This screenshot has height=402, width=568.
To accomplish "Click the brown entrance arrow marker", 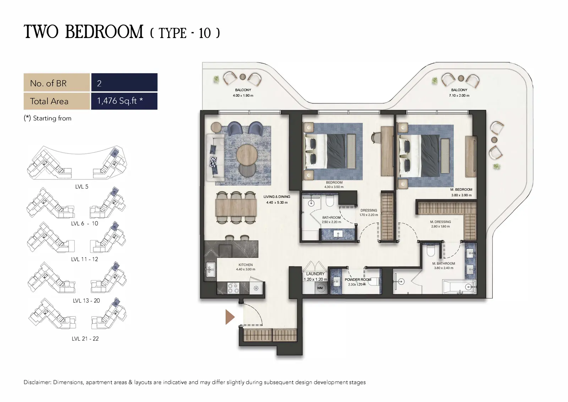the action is (229, 317).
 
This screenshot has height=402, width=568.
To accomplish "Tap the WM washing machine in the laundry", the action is (320, 288).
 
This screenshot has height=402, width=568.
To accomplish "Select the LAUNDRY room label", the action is (315, 274).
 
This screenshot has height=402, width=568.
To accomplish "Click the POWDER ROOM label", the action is (358, 279).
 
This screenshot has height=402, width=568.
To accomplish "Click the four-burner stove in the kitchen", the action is (233, 288).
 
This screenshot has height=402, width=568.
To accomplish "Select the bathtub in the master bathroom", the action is (459, 287).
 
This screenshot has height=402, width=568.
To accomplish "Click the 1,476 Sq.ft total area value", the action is (120, 101).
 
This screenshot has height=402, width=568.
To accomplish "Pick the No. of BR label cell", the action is (57, 82).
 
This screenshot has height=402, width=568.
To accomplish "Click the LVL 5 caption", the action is (82, 187).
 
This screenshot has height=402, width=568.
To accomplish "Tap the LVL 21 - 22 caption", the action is (85, 338).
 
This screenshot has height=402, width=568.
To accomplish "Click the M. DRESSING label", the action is (441, 222).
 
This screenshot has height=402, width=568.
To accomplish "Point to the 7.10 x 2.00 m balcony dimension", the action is (459, 96).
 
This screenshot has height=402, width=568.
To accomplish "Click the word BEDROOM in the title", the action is (104, 32).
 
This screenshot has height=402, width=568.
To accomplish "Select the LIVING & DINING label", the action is (277, 197).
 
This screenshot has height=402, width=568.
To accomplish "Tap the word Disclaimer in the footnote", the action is (37, 382).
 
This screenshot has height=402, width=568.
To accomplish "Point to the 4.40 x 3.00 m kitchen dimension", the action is (245, 269).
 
